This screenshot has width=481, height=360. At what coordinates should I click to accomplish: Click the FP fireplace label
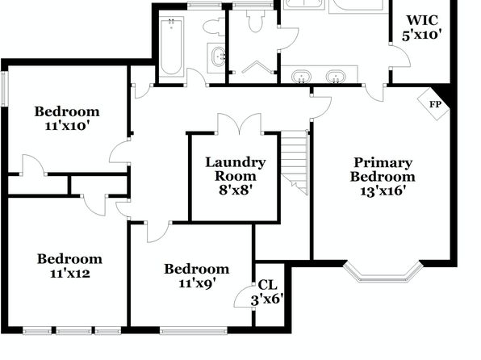click(x=435, y=104)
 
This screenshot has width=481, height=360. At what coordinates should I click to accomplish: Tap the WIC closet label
click(x=422, y=20)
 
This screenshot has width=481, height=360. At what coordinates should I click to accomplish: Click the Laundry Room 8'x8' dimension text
click(x=236, y=190)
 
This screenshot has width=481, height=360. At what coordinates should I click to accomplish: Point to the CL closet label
click(x=267, y=285)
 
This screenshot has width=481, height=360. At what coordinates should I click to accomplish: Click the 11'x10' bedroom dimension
click(x=67, y=126)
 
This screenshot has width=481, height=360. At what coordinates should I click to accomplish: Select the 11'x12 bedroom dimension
click(x=70, y=273)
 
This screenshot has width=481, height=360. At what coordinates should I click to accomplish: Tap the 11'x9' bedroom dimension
click(x=197, y=283)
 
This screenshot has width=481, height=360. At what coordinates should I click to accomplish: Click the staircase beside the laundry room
click(x=295, y=162)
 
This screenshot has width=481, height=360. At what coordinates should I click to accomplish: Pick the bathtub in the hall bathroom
click(x=171, y=46)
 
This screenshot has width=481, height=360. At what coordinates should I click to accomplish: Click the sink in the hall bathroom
click(x=218, y=57)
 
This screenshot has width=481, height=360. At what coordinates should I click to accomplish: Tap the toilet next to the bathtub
click(x=215, y=27)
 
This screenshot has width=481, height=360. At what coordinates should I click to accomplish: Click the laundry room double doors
click(x=239, y=123)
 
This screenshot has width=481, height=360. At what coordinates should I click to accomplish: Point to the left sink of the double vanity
click(x=301, y=77)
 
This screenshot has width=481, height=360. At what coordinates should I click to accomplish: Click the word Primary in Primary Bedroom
click(x=383, y=163)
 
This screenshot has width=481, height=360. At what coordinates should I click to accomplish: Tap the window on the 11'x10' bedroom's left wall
click(x=4, y=89)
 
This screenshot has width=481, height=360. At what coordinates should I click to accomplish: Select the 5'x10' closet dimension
click(x=422, y=35)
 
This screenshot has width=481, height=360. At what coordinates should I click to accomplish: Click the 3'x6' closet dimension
click(x=267, y=299)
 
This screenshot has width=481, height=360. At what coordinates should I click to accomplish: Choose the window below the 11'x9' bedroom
click(x=194, y=331)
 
